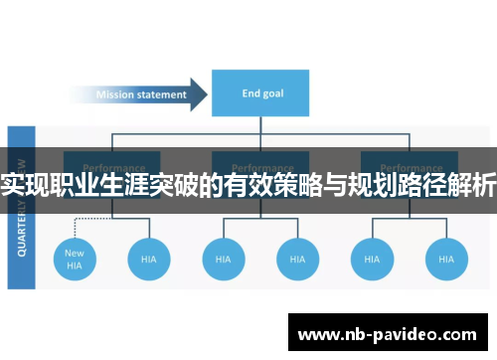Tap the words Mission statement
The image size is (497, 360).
[x=141, y=95]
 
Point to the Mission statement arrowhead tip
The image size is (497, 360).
[x=206, y=95]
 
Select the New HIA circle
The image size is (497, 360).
[x=75, y=260]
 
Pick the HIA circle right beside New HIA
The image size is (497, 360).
[x=147, y=260]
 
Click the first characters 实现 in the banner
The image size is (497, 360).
[x=26, y=185]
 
